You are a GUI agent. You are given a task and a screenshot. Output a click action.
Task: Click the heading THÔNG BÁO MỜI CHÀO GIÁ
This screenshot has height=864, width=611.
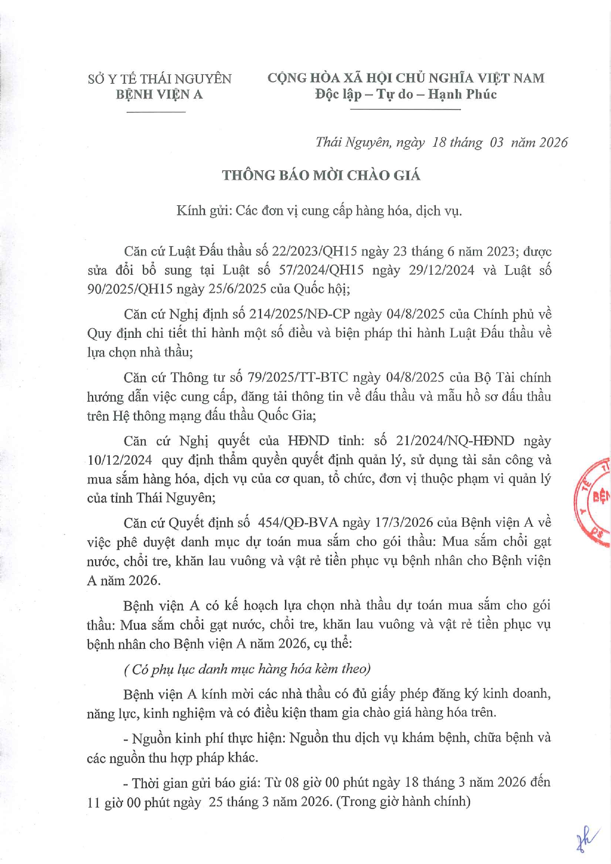(321, 175)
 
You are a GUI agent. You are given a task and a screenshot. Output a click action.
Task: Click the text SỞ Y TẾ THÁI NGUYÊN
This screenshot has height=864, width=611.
(160, 79)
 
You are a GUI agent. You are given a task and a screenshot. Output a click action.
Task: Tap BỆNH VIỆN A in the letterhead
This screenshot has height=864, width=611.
(160, 95)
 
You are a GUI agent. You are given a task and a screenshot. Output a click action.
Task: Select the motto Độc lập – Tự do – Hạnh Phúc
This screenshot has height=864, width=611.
(406, 94)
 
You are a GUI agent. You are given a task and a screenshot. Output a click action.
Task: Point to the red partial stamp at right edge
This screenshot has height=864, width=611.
(595, 501)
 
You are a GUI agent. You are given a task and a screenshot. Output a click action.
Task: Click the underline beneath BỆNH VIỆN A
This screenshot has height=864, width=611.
(156, 112)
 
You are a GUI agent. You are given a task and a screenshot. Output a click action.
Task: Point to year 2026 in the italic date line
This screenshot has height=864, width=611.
(553, 142)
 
